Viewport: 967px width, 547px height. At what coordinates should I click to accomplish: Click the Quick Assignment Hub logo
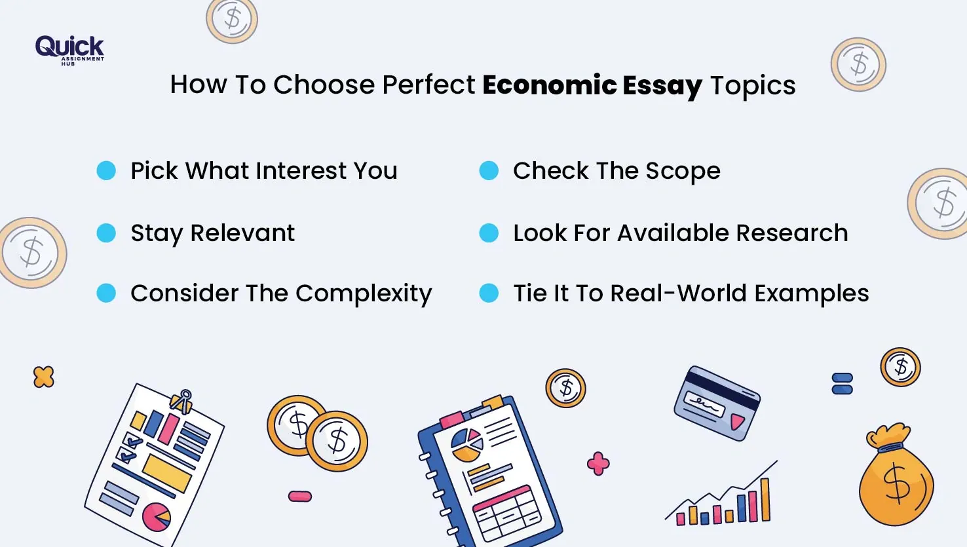point(69,49)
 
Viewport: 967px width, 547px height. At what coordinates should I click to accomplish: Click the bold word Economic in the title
point(549,85)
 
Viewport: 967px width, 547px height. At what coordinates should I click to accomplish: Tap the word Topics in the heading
point(753,86)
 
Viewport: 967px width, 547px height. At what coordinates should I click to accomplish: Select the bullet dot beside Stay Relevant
point(106,233)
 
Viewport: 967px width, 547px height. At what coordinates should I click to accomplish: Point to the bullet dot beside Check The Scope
point(489,171)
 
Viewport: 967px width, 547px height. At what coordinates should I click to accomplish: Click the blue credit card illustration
point(717,403)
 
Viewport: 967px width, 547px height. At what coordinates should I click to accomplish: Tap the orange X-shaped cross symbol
point(44,377)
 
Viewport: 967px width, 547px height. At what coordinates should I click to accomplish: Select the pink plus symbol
point(598,463)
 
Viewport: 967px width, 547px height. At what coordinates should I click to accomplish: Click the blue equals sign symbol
point(842,384)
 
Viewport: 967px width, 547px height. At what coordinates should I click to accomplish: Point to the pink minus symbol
point(300,497)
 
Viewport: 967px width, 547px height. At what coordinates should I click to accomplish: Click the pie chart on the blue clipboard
point(466,445)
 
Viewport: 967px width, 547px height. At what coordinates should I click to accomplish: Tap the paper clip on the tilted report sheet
point(182,401)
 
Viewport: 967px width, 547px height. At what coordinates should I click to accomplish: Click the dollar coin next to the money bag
point(900,367)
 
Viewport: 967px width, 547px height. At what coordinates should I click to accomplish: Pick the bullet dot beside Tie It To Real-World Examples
point(489,293)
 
